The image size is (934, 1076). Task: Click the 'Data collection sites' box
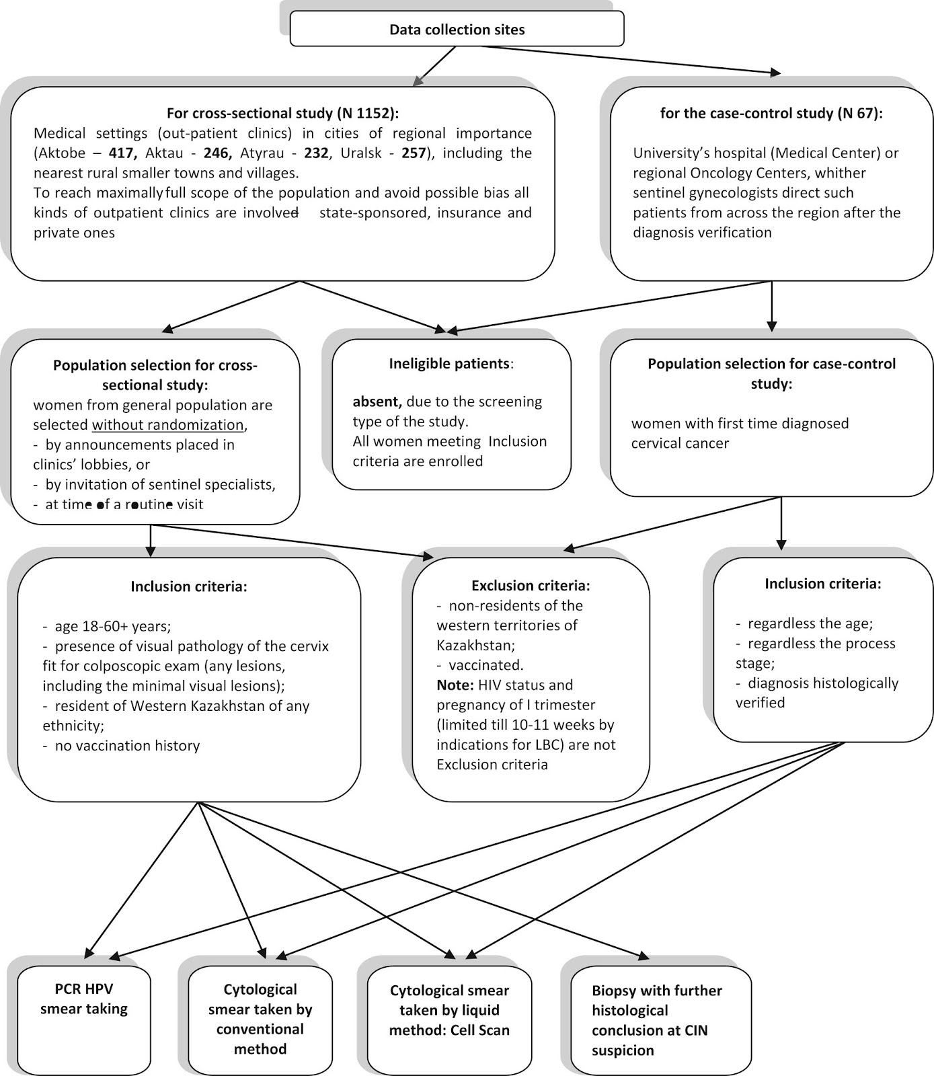pyautogui.click(x=457, y=30)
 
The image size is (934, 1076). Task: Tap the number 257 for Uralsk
pyautogui.click(x=414, y=153)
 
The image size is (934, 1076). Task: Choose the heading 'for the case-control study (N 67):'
pyautogui.click(x=771, y=114)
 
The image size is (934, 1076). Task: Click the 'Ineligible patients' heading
pyautogui.click(x=449, y=364)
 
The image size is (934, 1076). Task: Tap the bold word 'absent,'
pyautogui.click(x=378, y=402)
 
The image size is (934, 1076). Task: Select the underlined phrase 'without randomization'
pyautogui.click(x=167, y=425)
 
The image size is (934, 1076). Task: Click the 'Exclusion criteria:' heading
pyautogui.click(x=531, y=586)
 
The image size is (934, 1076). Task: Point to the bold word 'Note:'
pyautogui.click(x=456, y=685)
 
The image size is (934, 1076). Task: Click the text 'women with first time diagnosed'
pyautogui.click(x=740, y=424)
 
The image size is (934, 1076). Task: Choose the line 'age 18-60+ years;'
pyautogui.click(x=107, y=627)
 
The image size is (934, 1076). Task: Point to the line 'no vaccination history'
pyautogui.click(x=121, y=746)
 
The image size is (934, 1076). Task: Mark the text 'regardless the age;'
pyautogui.click(x=804, y=624)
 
